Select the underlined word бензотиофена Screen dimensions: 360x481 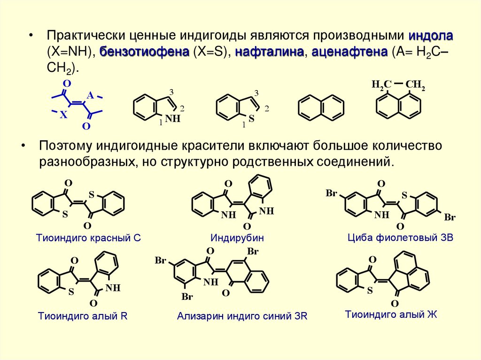(x=144, y=52)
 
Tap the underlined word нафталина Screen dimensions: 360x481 (x=269, y=52)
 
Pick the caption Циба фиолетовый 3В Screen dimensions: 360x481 (x=400, y=237)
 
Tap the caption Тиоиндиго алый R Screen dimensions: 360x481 (x=83, y=316)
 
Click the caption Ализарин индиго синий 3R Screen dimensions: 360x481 (x=242, y=316)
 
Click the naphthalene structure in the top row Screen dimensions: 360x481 (x=320, y=107)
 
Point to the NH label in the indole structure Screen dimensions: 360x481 (x=173, y=119)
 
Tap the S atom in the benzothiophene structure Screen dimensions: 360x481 (x=251, y=119)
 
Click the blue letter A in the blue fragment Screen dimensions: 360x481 (x=90, y=95)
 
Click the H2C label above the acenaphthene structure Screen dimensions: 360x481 (x=381, y=85)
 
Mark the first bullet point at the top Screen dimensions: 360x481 (x=31, y=37)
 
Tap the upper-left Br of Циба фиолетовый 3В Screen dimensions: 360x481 (x=331, y=193)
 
